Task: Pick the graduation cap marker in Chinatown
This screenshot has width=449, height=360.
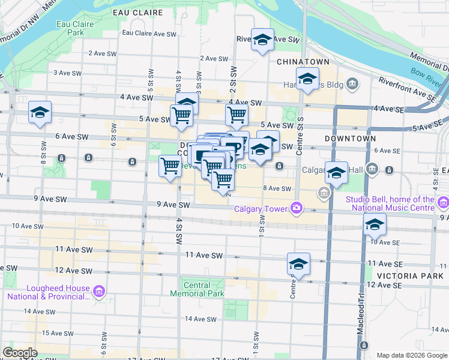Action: pos(307,79)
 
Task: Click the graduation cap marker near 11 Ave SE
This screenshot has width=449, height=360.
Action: pos(298,263)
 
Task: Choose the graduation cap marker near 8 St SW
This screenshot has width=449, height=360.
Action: pos(40,112)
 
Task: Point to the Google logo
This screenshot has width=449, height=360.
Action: pos(20,353)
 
